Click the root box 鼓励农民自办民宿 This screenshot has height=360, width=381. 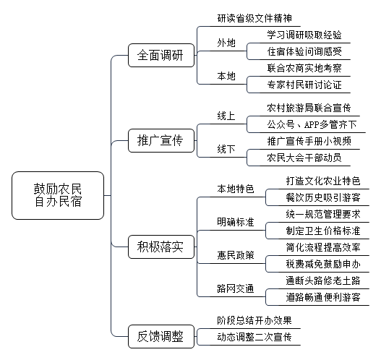58,196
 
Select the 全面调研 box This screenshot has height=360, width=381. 161,55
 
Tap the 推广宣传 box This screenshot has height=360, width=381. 161,141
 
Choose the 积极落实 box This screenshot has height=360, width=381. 161,247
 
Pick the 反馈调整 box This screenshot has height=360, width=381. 161,336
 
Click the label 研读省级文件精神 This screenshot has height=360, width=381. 254,19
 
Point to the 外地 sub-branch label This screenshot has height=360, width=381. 226,43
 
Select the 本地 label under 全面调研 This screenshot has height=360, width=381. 226,77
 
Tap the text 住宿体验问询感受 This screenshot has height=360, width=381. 304,51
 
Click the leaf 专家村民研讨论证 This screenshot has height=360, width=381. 304,85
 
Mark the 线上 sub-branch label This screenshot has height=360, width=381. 226,116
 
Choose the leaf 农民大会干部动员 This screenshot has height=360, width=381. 304,158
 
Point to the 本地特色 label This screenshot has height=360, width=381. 236,189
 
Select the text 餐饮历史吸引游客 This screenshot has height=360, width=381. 323,197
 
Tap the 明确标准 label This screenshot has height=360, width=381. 236,222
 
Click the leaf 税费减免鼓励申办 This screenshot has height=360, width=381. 323,264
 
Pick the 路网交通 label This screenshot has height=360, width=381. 236,288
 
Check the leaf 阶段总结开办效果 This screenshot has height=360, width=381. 254,321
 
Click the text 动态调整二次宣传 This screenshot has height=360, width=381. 254,337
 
